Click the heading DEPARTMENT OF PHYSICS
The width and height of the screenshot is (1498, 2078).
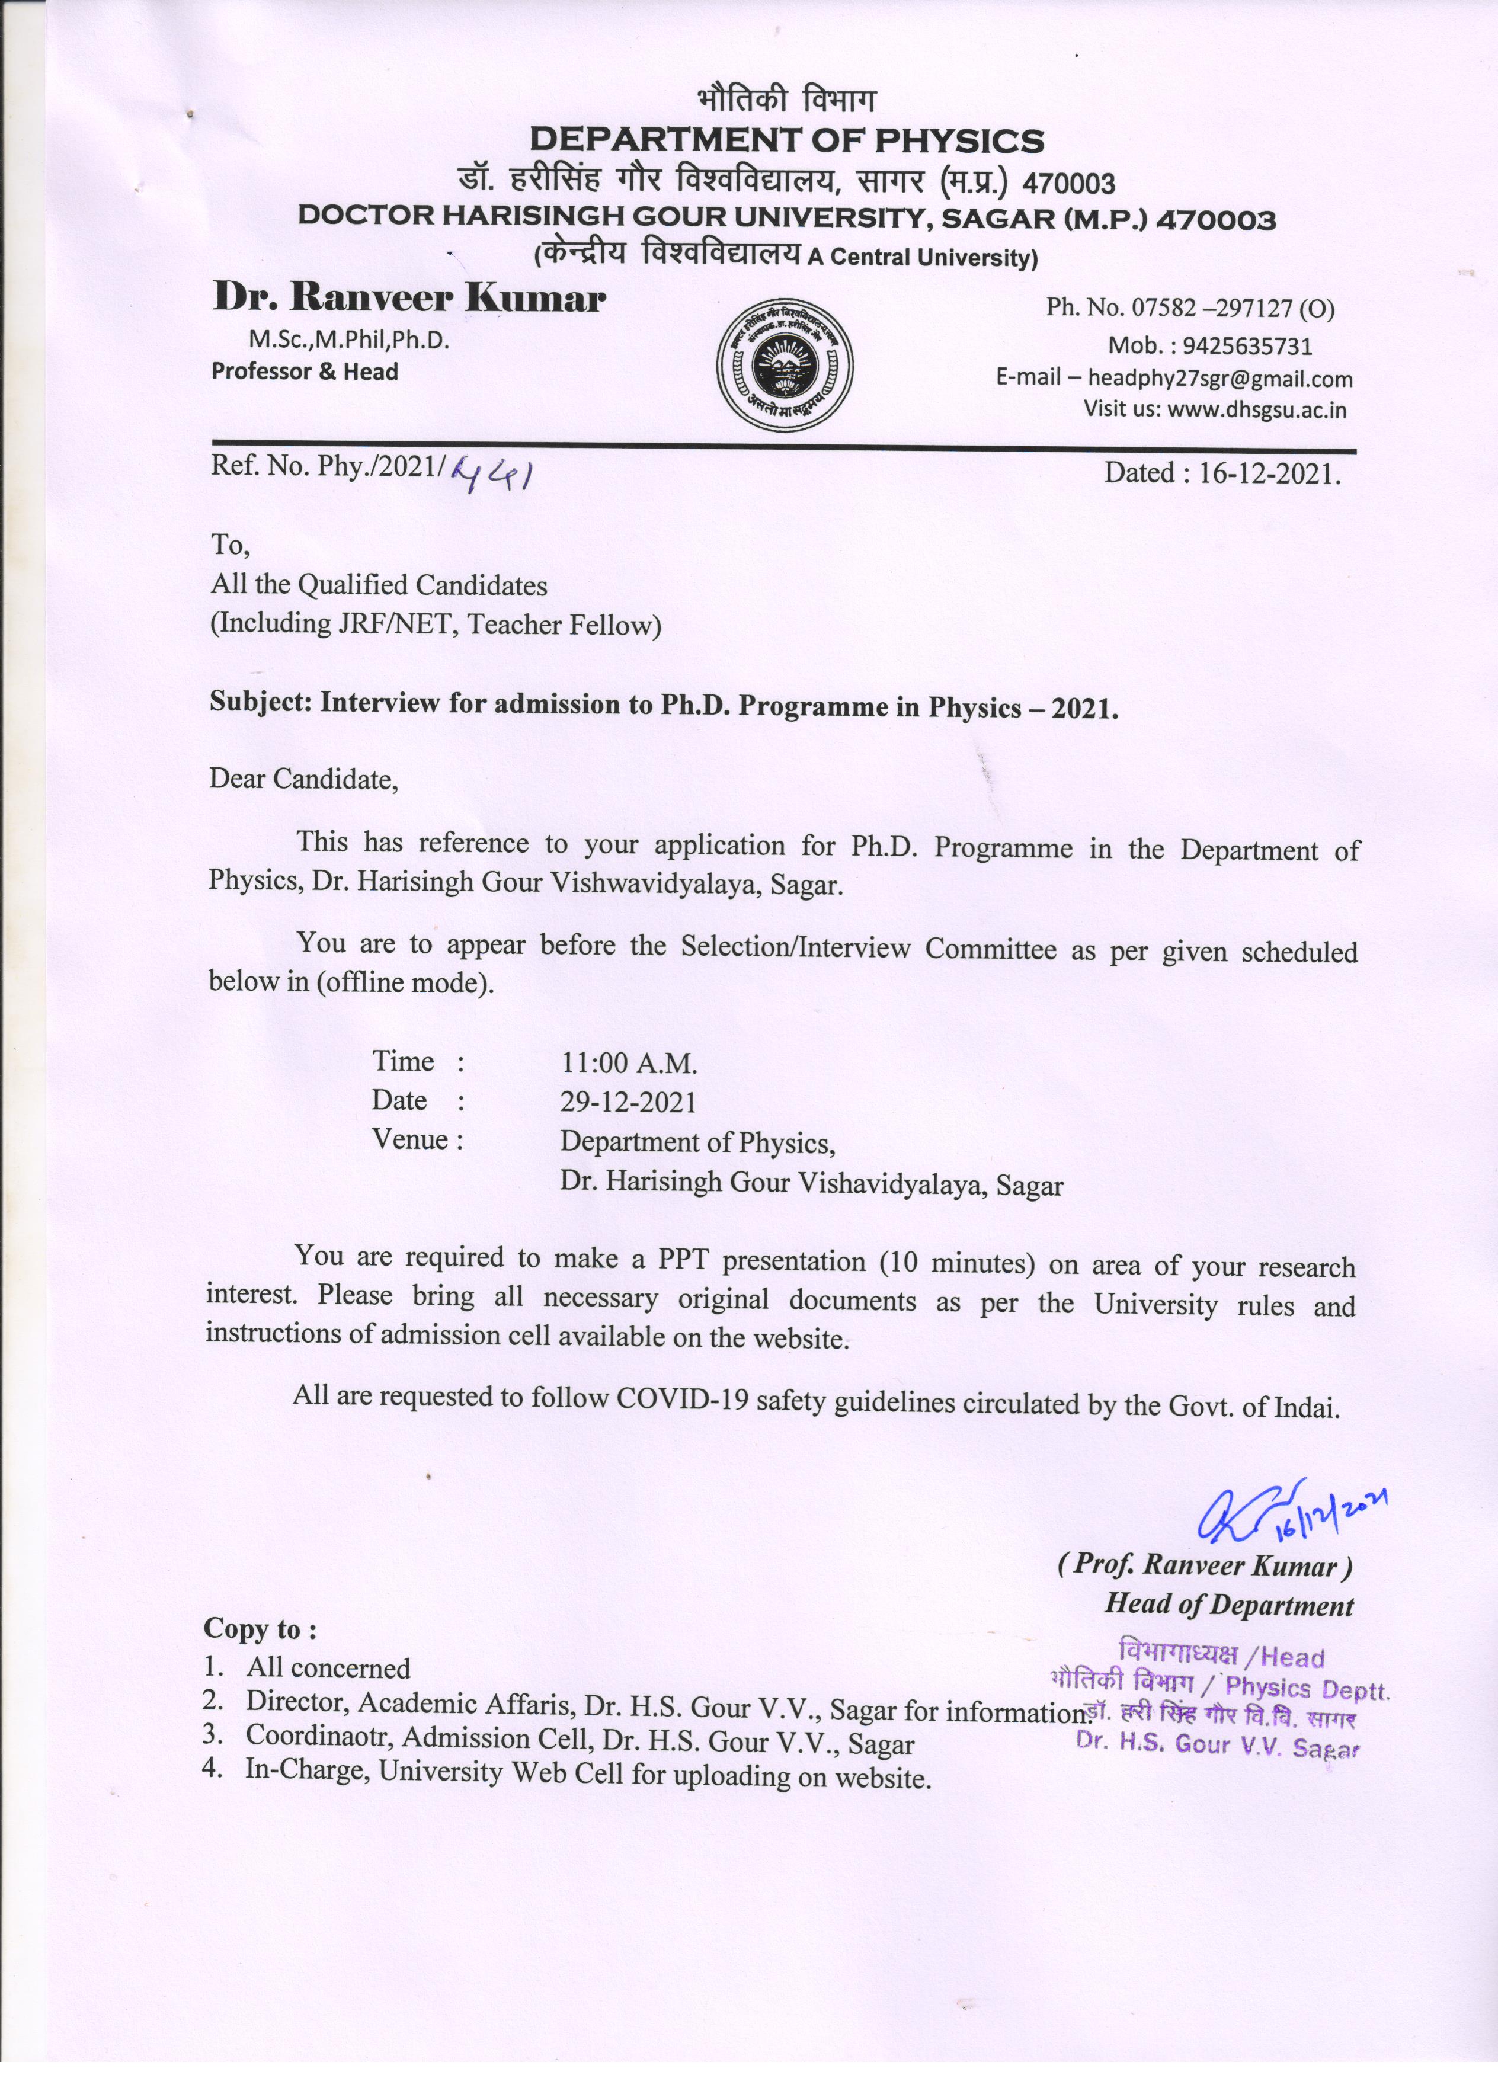pos(786,141)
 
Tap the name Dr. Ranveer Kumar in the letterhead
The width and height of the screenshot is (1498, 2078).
pos(409,298)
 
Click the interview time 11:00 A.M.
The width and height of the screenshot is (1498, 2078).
pos(629,1063)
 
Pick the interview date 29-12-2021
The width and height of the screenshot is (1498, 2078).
pos(629,1102)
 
